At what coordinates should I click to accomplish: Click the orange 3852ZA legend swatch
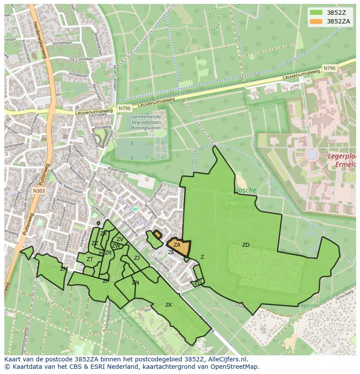tap(317, 21)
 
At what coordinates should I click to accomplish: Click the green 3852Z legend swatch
tap(317, 13)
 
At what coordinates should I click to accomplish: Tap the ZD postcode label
tap(246, 245)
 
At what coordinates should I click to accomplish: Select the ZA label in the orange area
tap(177, 245)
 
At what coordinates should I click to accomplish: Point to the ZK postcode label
tap(169, 305)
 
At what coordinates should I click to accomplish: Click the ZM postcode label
tap(64, 269)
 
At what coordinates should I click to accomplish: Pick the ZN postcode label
tap(135, 283)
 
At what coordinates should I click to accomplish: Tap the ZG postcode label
tap(198, 283)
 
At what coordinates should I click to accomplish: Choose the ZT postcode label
tap(90, 259)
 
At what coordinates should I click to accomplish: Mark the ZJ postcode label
tap(137, 258)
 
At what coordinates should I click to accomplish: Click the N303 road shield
tap(39, 190)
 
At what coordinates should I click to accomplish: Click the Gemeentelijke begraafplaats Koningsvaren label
tap(147, 123)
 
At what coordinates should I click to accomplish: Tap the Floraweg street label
tap(103, 127)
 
